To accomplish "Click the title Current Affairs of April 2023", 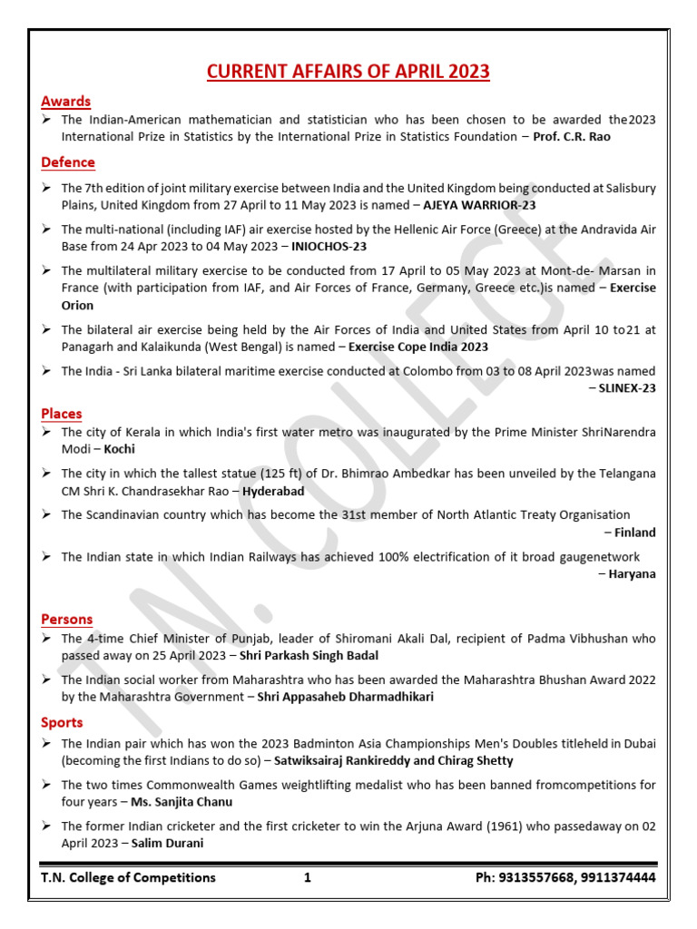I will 348,72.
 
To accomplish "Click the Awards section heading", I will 65,101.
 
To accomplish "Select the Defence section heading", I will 67,162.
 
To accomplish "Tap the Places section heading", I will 61,414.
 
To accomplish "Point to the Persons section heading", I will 66,619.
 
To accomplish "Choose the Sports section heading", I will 62,722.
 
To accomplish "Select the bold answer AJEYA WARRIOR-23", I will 479,205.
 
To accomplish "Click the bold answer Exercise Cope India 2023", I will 418,347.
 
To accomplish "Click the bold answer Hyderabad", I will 273,491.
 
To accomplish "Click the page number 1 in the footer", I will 308,877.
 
